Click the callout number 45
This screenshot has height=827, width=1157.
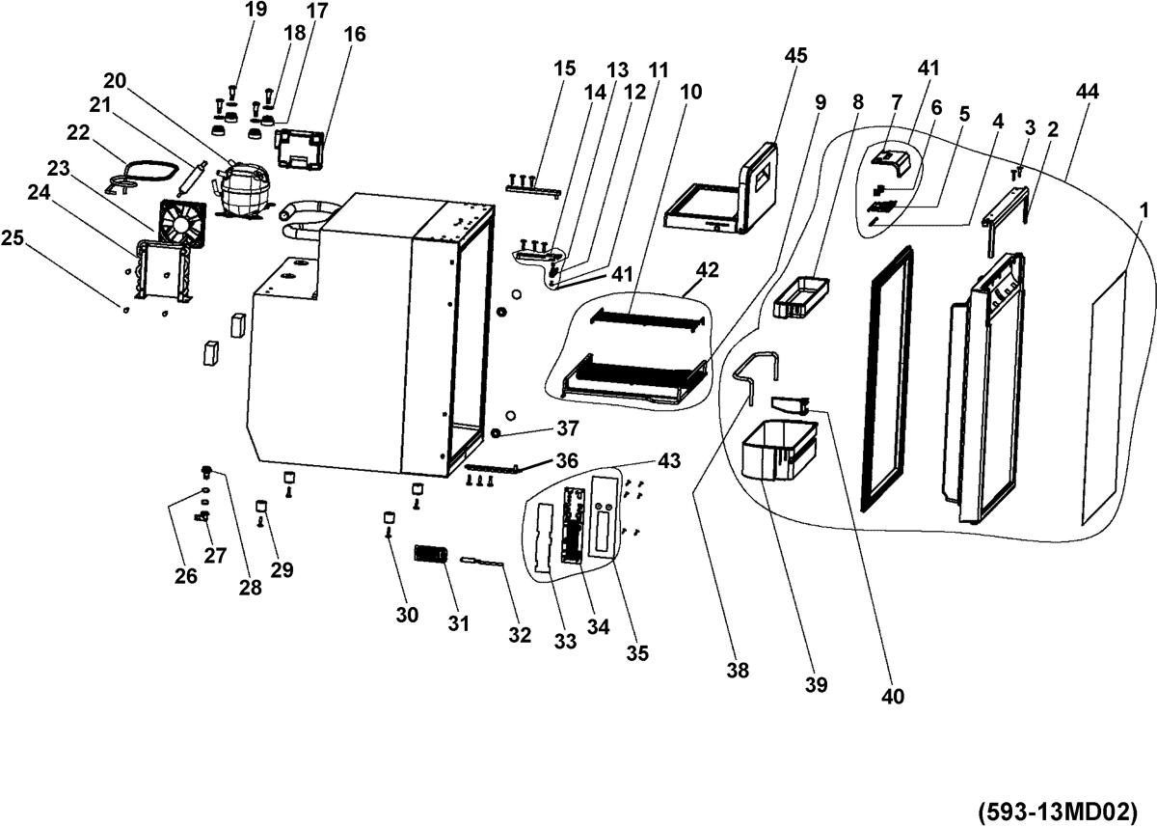point(794,55)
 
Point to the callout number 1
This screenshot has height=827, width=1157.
point(1142,207)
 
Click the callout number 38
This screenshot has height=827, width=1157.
point(739,669)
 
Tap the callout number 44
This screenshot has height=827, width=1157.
point(1087,92)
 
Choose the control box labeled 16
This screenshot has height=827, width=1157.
point(300,150)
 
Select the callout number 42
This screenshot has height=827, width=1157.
point(707,270)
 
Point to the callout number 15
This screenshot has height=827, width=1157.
point(564,69)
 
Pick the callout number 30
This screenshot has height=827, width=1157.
point(407,614)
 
